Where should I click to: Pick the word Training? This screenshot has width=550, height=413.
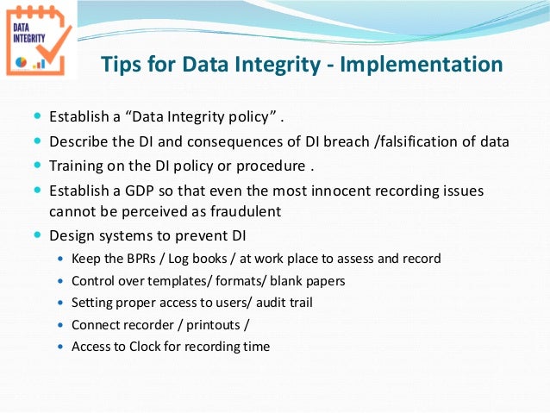[x=78, y=165]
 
